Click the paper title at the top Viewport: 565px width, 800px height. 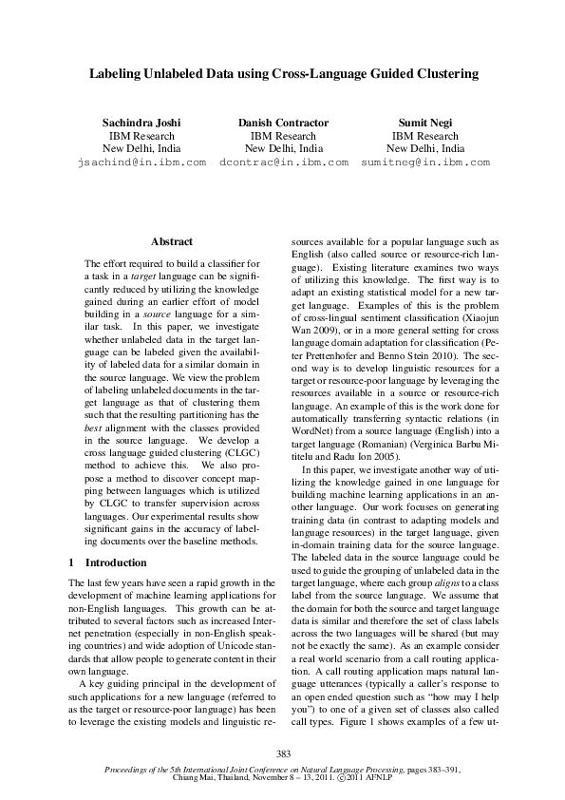click(283, 72)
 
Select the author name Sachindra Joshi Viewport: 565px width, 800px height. click(141, 123)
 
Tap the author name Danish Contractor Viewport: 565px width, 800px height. click(283, 123)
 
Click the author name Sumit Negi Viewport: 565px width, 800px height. click(424, 123)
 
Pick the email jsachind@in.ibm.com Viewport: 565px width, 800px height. click(141, 162)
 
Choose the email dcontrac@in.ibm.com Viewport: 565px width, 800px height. click(283, 162)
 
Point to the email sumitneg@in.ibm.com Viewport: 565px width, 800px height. click(424, 162)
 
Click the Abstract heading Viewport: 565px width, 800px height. click(171, 242)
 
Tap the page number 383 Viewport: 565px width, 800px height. click(283, 753)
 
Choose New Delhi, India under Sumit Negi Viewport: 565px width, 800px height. click(424, 149)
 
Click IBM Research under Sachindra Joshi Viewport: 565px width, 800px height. click(141, 136)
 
